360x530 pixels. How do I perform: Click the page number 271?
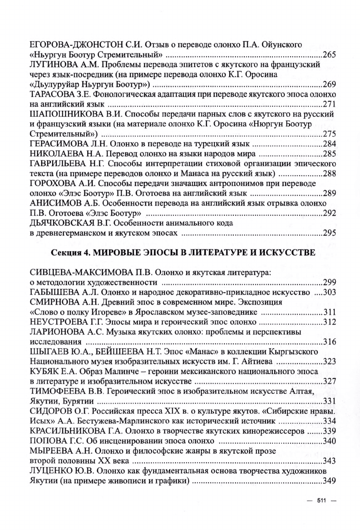pos(329,105)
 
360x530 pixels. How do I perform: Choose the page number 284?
pos(329,144)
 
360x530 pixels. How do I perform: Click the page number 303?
pos(329,292)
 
